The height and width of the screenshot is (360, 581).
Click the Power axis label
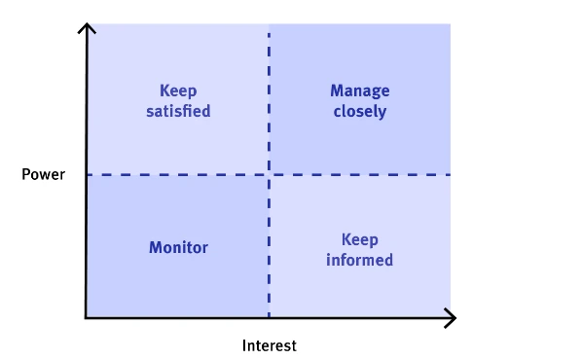43,175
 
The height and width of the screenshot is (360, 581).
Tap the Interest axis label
269,345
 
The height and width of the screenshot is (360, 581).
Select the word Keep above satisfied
178,90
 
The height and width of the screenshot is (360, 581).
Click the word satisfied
178,111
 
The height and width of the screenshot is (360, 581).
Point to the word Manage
359,90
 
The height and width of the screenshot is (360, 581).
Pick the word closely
359,111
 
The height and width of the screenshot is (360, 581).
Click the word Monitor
178,247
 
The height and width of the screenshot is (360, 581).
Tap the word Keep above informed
359,239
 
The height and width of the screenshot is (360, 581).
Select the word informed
359,260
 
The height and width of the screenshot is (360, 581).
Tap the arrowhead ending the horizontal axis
452,317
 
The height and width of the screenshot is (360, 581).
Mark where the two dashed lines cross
269,175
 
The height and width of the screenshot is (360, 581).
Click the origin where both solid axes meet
87,317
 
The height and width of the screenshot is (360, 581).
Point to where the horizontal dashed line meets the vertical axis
87,175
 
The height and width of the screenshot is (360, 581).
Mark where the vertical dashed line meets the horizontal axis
269,317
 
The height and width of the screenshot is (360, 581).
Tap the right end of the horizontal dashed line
451,175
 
